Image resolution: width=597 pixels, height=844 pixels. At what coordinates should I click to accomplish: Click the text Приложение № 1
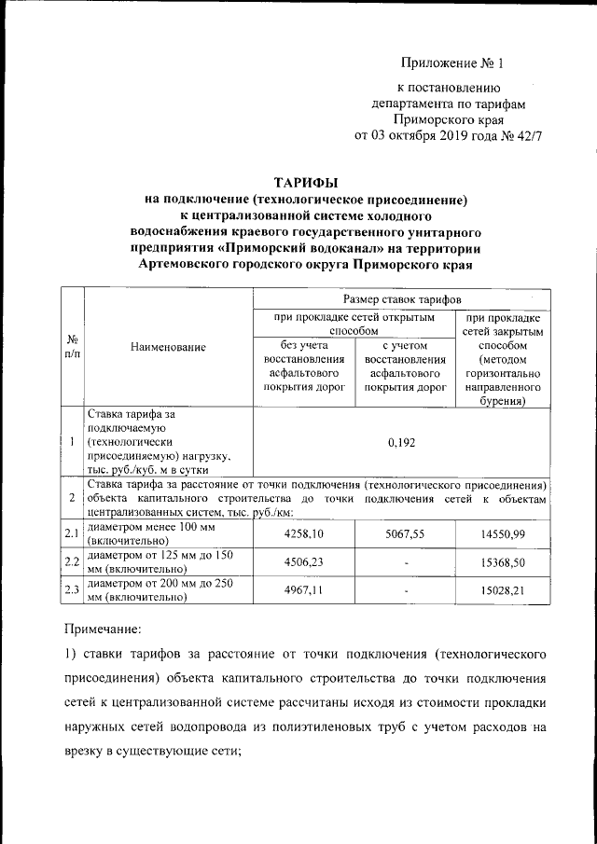coord(451,63)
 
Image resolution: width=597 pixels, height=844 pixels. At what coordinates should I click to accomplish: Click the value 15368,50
coord(506,562)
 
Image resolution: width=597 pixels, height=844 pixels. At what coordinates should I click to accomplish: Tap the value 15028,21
coord(506,592)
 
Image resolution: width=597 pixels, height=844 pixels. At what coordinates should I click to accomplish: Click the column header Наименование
coord(168,347)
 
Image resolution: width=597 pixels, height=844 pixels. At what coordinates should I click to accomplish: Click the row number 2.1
coord(71,533)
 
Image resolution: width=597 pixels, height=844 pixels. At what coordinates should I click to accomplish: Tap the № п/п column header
coord(71,347)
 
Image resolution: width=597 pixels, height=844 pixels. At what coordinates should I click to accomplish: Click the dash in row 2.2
coord(404,562)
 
